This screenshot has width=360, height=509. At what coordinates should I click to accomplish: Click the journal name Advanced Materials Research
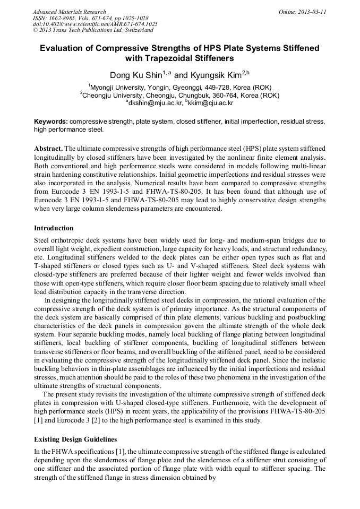tap(69, 12)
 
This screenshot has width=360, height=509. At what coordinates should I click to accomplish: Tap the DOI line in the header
tap(95, 24)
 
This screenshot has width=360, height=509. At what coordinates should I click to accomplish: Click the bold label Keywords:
tap(50, 122)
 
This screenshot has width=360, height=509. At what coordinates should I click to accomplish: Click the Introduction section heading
tap(54, 228)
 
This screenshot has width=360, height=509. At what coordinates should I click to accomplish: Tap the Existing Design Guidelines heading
tap(75, 440)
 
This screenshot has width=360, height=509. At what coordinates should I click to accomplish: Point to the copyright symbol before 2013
tap(35, 31)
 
